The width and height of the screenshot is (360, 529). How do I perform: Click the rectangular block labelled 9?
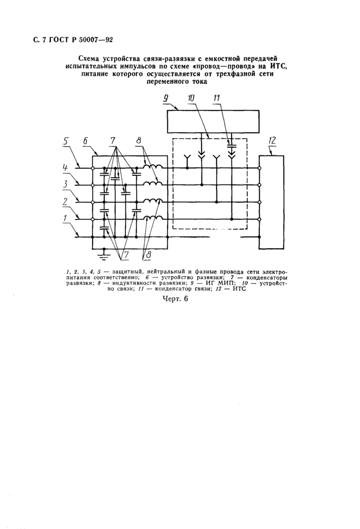pyautogui.click(x=213, y=121)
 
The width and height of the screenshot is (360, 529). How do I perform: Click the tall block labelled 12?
pyautogui.click(x=271, y=202)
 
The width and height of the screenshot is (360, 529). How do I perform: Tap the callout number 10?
pyautogui.click(x=191, y=98)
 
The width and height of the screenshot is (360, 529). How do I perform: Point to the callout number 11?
pyautogui.click(x=217, y=98)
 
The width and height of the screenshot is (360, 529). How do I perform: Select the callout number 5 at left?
pyautogui.click(x=66, y=141)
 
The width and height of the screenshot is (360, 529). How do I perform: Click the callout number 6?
pyautogui.click(x=85, y=141)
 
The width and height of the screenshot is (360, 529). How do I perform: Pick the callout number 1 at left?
pyautogui.click(x=66, y=218)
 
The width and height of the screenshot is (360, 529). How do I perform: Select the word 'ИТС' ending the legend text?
pyautogui.click(x=239, y=289)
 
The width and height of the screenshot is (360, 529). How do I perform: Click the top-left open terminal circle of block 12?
pyautogui.click(x=259, y=168)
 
